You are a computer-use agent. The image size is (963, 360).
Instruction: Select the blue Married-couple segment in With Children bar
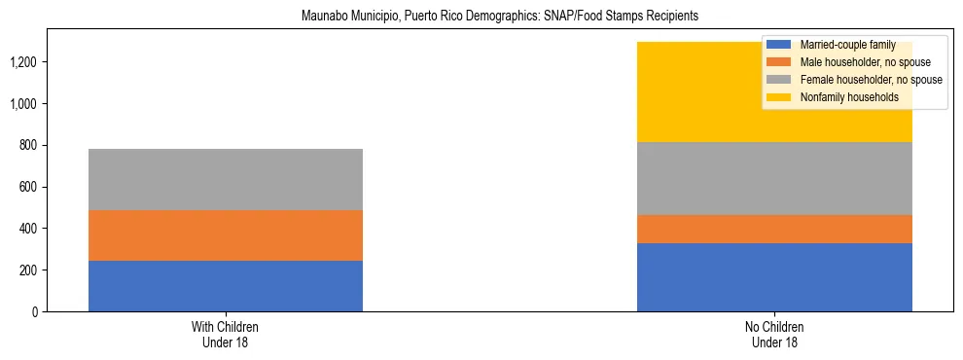pos(226,286)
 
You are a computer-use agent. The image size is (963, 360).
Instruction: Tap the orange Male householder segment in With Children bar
pos(226,235)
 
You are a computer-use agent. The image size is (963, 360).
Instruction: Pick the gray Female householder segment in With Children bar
pos(226,180)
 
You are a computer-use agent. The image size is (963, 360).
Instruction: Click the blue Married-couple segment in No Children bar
pos(774,277)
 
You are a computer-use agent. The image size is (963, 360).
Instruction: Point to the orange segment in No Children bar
pos(774,230)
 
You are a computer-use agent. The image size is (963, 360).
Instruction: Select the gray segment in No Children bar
pos(774,179)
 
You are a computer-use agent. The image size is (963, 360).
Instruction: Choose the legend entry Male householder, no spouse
pos(856,62)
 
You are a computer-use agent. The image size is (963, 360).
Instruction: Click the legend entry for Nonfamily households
pos(842,97)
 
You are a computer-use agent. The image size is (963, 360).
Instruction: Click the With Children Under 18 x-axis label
pos(226,335)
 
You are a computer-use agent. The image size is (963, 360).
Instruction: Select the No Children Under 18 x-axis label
pos(774,335)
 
